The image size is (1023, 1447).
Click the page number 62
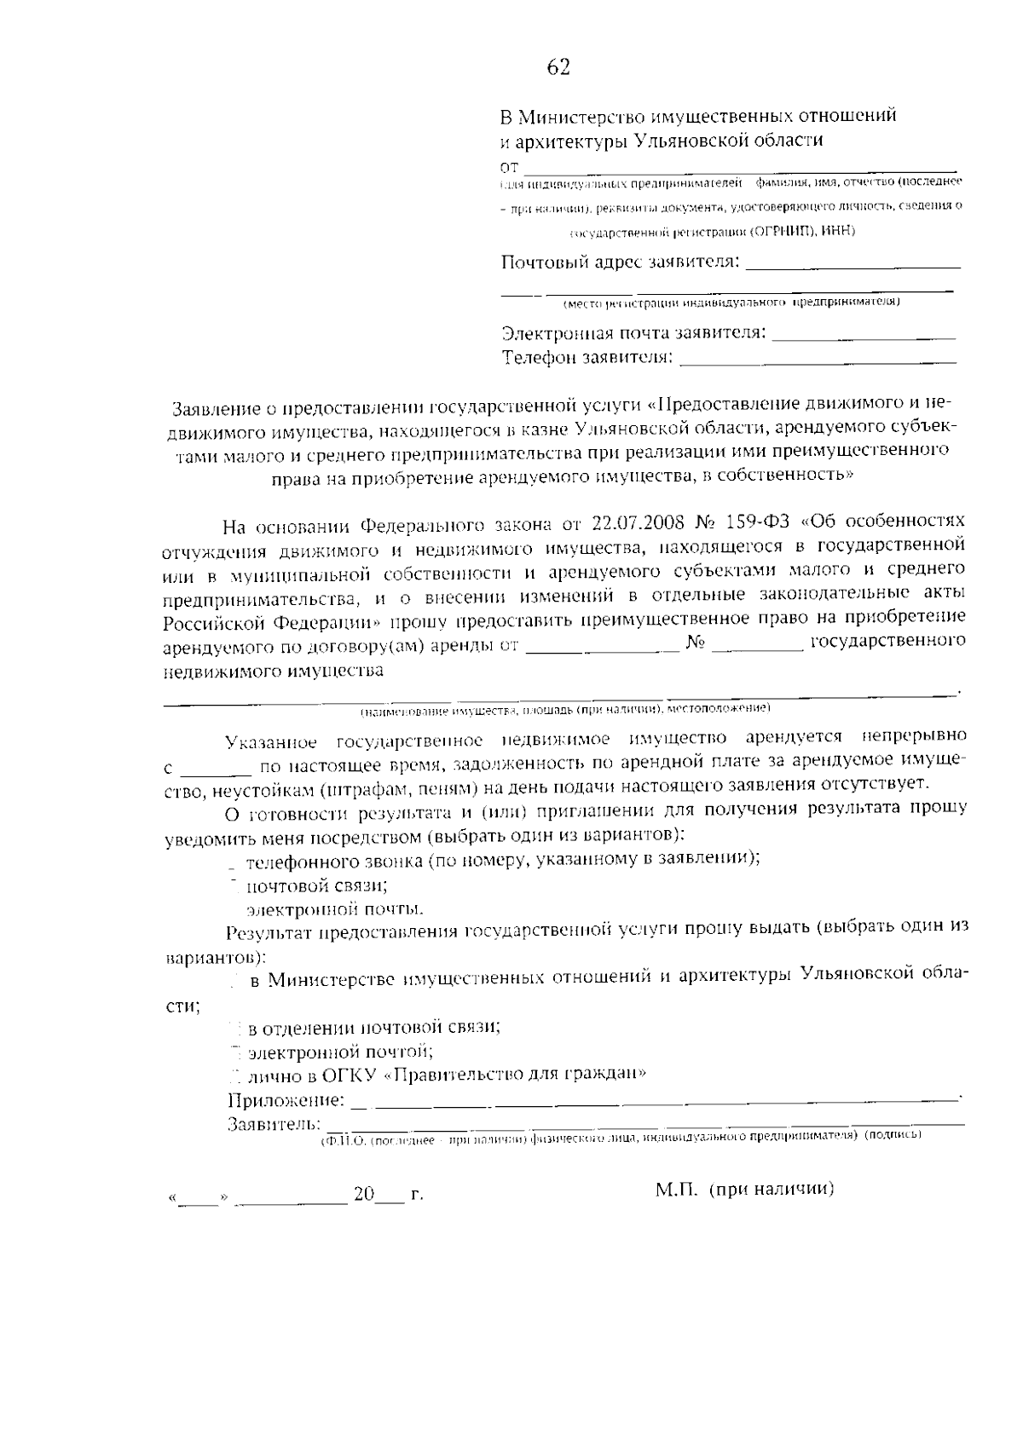(558, 68)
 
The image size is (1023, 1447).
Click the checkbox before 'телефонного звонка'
(232, 862)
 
